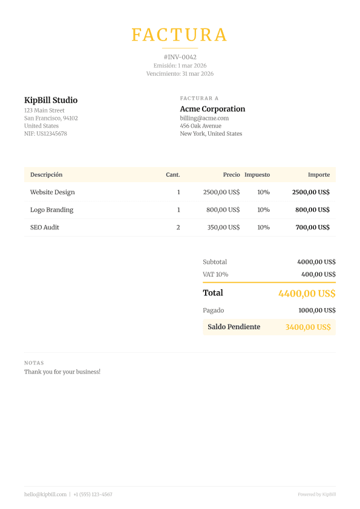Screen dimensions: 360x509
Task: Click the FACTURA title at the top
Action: (180, 35)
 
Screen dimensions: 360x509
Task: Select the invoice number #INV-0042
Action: (180, 57)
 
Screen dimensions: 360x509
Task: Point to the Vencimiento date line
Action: (180, 74)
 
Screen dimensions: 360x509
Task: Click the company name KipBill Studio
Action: (51, 100)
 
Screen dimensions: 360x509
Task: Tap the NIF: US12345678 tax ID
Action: (45, 134)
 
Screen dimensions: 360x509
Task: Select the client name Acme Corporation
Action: (212, 109)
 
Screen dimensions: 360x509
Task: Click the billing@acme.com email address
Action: (204, 118)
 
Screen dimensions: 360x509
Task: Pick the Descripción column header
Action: (46, 175)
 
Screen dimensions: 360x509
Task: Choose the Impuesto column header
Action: (257, 175)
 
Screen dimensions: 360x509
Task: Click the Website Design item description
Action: (53, 192)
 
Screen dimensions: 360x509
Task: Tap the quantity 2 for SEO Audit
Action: (178, 228)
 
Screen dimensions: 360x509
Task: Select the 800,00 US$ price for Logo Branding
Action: (223, 210)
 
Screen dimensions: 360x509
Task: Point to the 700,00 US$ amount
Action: (312, 228)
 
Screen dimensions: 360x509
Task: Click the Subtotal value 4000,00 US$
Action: (316, 262)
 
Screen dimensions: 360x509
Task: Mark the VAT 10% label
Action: (215, 274)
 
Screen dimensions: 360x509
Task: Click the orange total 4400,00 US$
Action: (306, 294)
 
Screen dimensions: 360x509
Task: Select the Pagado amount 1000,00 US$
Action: (316, 310)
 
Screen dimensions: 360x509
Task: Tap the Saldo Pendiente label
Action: (234, 327)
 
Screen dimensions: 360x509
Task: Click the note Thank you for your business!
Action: (62, 372)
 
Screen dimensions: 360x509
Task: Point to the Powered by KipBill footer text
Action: (316, 494)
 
